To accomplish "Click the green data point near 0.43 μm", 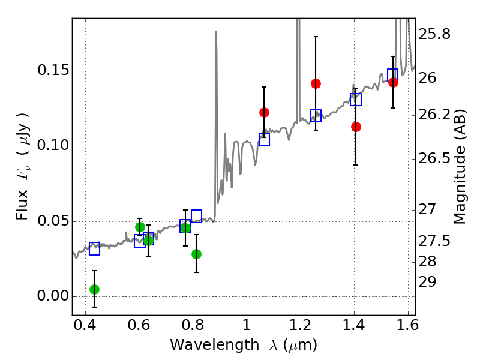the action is click(x=95, y=289).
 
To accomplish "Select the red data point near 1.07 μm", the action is click(x=264, y=112).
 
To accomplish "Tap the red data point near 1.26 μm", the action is click(x=316, y=83).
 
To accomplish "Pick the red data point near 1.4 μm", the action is click(x=356, y=127).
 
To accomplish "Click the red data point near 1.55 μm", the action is click(x=393, y=82).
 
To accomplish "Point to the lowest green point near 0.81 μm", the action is click(x=197, y=254).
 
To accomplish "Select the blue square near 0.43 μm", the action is click(x=95, y=248).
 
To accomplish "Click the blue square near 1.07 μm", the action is click(x=264, y=139).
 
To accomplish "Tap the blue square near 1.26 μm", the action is click(x=316, y=115).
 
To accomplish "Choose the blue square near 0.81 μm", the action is click(x=197, y=216).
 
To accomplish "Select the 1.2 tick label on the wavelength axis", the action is click(x=301, y=325).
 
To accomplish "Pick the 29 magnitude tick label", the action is click(x=427, y=282).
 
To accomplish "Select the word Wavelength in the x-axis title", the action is click(x=215, y=345).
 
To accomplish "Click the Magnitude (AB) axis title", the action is click(x=459, y=166).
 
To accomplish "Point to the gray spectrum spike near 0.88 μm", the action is click(x=216, y=122).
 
